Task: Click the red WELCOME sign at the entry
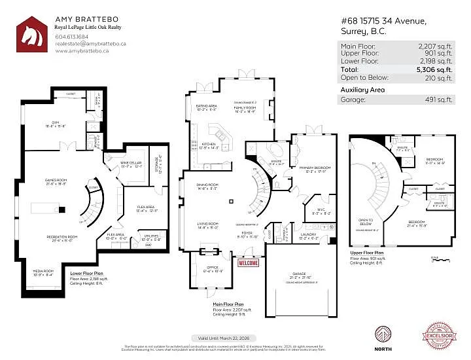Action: pos(249,263)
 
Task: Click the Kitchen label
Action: pos(208,144)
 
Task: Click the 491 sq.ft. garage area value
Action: pos(440,99)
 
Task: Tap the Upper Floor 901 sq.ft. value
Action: pos(439,54)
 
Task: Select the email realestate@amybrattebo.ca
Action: pos(90,44)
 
